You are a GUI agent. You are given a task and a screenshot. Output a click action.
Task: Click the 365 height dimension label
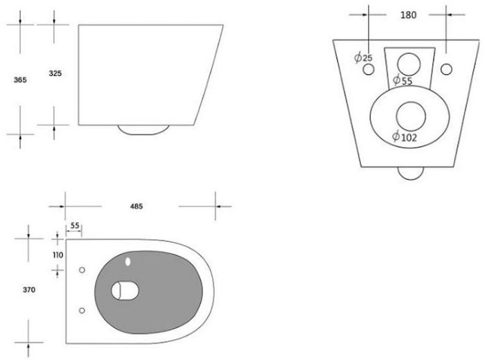(x=20, y=80)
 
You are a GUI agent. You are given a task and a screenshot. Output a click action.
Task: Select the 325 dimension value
(x=55, y=73)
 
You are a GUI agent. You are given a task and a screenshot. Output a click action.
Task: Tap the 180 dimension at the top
(x=408, y=15)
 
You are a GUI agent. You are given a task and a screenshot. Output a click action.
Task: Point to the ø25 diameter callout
(x=364, y=57)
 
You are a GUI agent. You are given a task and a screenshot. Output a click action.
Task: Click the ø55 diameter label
(x=403, y=80)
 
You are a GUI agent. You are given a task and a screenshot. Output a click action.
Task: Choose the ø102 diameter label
(x=405, y=137)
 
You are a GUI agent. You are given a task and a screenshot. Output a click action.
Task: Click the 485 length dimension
(x=136, y=206)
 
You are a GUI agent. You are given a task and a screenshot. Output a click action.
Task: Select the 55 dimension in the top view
(x=75, y=226)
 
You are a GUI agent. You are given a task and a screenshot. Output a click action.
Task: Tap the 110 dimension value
(x=58, y=255)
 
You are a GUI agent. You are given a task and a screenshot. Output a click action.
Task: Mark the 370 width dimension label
(x=29, y=290)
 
